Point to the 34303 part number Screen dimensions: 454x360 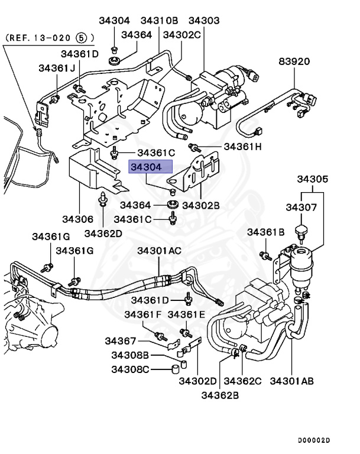click(203, 21)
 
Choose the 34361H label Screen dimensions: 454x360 click(242, 147)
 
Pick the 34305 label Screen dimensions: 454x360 click(313, 179)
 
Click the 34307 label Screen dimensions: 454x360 click(303, 207)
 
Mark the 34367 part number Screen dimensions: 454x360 click(121, 341)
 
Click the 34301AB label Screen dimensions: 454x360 click(292, 381)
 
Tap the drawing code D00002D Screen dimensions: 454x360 click(313, 440)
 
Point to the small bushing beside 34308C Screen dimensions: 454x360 click(174, 371)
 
